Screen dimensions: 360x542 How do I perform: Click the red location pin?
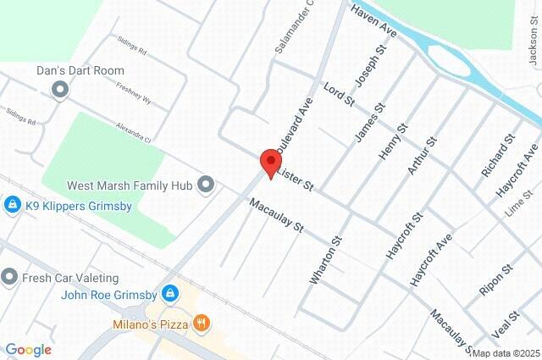(269, 162)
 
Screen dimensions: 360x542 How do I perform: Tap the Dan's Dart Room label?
(81, 71)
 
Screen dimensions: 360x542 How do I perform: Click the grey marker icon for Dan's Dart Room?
(59, 89)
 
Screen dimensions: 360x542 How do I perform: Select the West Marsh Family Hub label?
(130, 184)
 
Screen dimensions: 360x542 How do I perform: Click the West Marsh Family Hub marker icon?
(206, 183)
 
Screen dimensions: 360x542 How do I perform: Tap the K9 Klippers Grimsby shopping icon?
(13, 204)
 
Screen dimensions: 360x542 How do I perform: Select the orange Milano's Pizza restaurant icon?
(201, 322)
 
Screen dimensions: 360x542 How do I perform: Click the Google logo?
(29, 349)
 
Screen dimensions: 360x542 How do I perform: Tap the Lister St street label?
(296, 179)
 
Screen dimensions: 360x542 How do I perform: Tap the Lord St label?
(339, 94)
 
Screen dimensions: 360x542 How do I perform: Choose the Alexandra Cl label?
(135, 133)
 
